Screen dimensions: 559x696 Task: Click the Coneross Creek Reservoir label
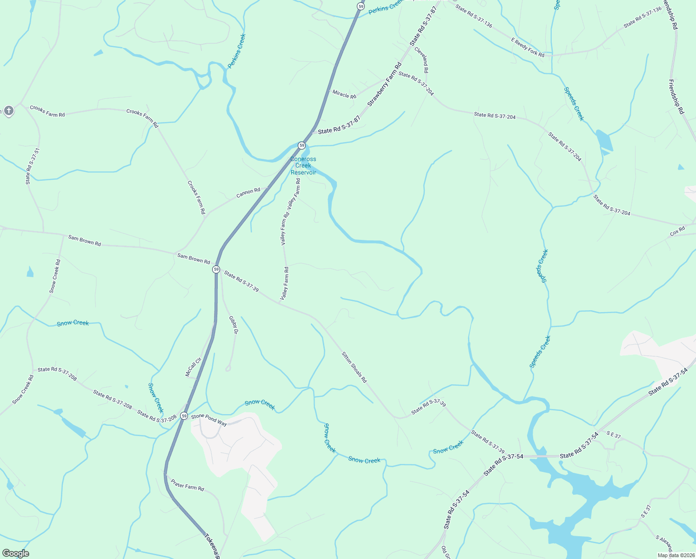pyautogui.click(x=303, y=166)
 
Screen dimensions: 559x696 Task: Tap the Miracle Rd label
pyautogui.click(x=344, y=94)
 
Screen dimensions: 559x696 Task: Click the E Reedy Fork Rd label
pyautogui.click(x=528, y=48)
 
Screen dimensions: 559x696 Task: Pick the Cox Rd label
pyautogui.click(x=677, y=231)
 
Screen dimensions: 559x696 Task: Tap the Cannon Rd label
pyautogui.click(x=248, y=192)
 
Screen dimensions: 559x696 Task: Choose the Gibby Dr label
pyautogui.click(x=233, y=325)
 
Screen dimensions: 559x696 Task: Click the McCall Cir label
pyautogui.click(x=193, y=367)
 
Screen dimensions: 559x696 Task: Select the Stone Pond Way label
pyautogui.click(x=209, y=419)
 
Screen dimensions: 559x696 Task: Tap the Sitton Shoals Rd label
pyautogui.click(x=355, y=367)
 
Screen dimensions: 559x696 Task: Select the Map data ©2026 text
pyautogui.click(x=675, y=555)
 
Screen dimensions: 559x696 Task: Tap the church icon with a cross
pyautogui.click(x=8, y=110)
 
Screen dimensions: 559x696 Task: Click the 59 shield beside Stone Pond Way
pyautogui.click(x=184, y=416)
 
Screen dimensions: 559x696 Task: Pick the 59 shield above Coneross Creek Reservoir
pyautogui.click(x=301, y=145)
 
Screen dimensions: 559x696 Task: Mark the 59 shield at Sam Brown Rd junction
pyautogui.click(x=216, y=270)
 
